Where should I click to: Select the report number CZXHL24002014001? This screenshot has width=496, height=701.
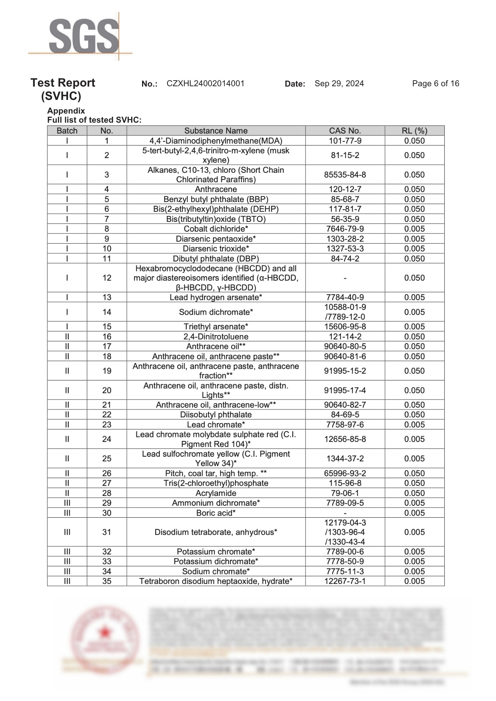[x=205, y=83]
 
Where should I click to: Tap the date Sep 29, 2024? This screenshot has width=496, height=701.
[x=339, y=83]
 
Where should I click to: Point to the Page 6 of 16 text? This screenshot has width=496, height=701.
[x=435, y=83]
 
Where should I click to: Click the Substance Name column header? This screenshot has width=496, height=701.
[x=216, y=131]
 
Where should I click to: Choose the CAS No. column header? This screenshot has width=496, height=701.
[x=345, y=131]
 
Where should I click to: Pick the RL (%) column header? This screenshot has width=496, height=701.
[x=414, y=131]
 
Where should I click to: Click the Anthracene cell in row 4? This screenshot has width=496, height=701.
[x=216, y=189]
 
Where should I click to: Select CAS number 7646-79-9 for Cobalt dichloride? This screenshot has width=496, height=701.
[x=345, y=229]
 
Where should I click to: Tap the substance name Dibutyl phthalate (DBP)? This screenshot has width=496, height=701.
[x=216, y=259]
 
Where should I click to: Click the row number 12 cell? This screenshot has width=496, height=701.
[x=107, y=278]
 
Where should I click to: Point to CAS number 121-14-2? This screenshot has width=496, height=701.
[x=345, y=336]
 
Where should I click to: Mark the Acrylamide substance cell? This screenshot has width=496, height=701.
[x=216, y=493]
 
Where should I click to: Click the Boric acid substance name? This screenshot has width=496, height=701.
[x=216, y=513]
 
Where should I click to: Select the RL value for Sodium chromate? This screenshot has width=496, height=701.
[x=414, y=571]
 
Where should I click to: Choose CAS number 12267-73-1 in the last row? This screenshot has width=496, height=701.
[x=345, y=581]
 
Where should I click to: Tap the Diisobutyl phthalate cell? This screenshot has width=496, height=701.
[x=216, y=415]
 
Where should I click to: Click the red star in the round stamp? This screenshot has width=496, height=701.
[x=104, y=633]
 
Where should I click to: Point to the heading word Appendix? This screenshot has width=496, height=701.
[x=66, y=111]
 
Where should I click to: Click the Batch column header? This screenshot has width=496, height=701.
[x=67, y=131]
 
